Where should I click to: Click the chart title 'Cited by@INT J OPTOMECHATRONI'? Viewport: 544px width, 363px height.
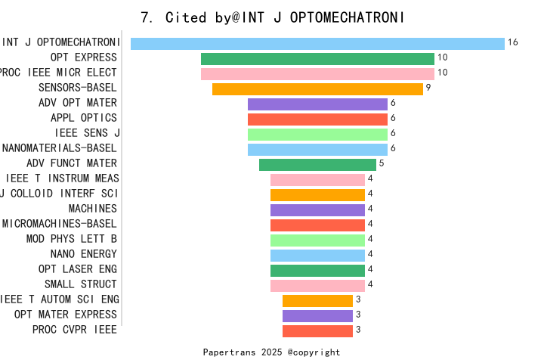(272, 17)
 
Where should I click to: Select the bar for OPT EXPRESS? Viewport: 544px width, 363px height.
(317, 58)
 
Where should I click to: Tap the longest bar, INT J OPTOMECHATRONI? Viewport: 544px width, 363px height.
(317, 43)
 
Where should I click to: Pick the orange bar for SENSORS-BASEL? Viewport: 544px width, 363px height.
(317, 88)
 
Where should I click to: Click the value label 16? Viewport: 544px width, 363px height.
(513, 43)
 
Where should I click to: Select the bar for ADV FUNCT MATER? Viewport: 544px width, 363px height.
(317, 164)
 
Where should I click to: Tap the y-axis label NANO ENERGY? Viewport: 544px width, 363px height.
(83, 254)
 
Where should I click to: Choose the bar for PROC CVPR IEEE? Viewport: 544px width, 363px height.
(317, 330)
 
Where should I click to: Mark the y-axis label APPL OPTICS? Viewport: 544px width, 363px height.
(83, 118)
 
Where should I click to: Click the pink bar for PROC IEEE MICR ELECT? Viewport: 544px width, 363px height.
(317, 73)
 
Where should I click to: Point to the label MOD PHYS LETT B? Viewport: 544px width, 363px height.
(71, 239)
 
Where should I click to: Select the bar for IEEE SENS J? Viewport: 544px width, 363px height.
(317, 134)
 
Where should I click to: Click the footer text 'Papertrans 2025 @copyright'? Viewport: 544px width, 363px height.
(271, 352)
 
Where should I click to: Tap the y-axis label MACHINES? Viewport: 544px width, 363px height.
(92, 209)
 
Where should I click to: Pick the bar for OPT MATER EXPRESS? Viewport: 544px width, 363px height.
(317, 315)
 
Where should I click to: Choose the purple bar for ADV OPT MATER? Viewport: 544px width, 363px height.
(317, 104)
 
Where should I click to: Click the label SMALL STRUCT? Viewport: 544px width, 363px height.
(80, 284)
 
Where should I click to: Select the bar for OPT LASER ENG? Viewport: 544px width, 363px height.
(317, 270)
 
